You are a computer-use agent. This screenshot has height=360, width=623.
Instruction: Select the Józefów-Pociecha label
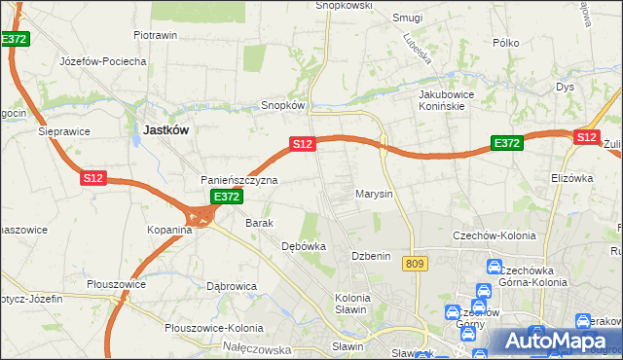click(102, 61)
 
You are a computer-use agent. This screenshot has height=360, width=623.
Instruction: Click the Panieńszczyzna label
click(239, 180)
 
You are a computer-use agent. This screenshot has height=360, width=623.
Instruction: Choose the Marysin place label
click(374, 194)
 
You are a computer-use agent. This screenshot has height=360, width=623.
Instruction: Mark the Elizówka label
click(571, 178)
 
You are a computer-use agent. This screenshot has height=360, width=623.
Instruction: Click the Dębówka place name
click(303, 246)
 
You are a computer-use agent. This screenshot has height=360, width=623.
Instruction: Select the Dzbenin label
click(371, 256)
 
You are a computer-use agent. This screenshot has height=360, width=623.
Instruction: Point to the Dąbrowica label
click(232, 286)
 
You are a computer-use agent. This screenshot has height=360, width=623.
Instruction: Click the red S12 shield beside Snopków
click(302, 144)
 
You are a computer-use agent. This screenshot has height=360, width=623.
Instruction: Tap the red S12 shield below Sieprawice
click(92, 178)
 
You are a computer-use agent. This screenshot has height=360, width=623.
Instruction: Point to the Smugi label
click(406, 18)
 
